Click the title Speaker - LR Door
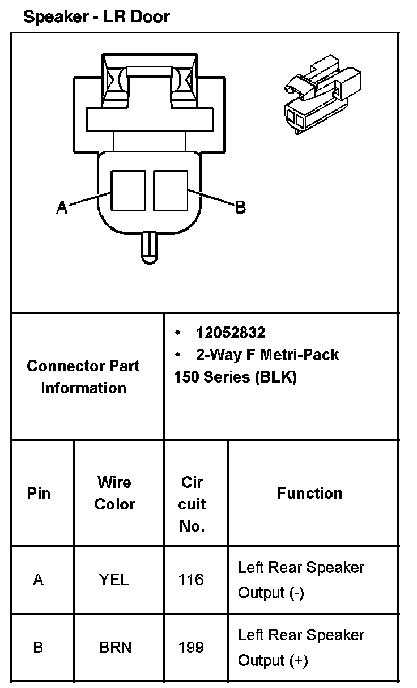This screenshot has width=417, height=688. click(96, 16)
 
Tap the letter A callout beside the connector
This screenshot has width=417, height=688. click(62, 208)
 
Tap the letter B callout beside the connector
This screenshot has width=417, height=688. click(240, 207)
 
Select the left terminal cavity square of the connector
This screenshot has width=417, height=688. click(129, 191)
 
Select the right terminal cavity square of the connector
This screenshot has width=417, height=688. click(170, 191)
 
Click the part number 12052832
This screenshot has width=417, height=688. click(231, 333)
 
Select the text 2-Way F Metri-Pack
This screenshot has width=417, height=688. click(267, 355)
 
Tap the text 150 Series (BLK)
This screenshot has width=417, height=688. click(235, 377)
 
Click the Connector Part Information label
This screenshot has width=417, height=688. click(83, 376)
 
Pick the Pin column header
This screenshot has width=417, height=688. click(39, 493)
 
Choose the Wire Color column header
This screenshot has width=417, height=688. click(115, 493)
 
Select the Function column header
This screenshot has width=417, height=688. click(309, 493)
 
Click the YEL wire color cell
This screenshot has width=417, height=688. click(114, 580)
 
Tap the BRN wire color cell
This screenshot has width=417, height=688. click(115, 647)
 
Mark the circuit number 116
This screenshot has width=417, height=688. click(190, 580)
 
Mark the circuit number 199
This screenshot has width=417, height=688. click(190, 647)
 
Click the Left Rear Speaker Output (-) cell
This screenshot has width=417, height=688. click(301, 580)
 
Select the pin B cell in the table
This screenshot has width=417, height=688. click(38, 647)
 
